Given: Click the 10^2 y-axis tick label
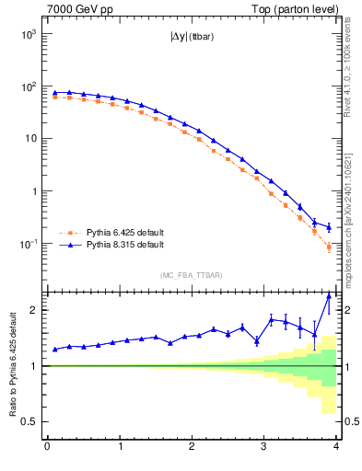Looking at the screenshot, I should click(x=28, y=86).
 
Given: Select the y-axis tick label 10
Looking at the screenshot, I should click(x=30, y=139).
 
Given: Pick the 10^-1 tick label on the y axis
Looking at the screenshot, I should click(x=27, y=244).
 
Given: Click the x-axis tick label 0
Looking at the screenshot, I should click(x=47, y=448).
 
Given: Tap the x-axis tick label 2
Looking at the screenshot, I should click(x=192, y=448).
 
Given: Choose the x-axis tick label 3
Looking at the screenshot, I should click(x=264, y=448).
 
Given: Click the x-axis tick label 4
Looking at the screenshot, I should click(x=336, y=448).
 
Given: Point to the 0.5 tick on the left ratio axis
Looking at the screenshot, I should click(x=29, y=421).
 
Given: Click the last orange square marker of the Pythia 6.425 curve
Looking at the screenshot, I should click(x=329, y=247).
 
